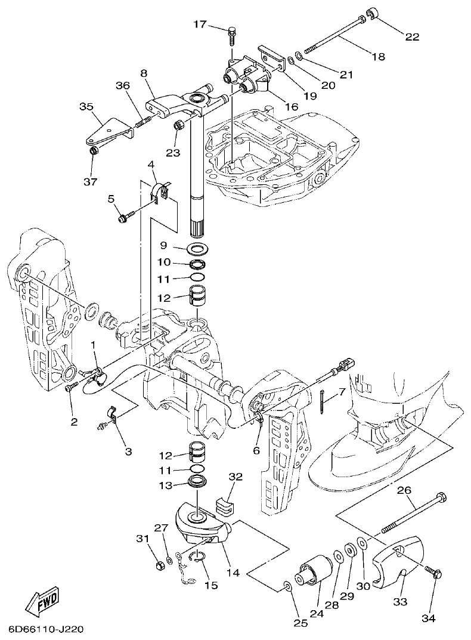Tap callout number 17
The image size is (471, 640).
199,24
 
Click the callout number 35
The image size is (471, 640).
86,107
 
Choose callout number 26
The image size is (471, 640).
404,490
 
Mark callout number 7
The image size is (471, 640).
342,392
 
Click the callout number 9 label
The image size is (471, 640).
163,245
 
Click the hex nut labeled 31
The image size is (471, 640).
159,564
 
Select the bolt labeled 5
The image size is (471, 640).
124,219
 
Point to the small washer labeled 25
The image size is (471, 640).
289,587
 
